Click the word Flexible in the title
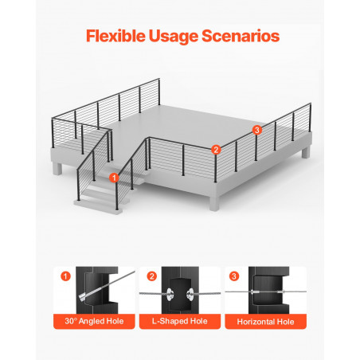[115, 36]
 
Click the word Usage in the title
[174, 37]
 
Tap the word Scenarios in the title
[241, 36]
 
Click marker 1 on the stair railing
[114, 178]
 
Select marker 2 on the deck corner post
[216, 150]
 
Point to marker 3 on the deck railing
[256, 130]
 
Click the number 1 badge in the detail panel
[65, 276]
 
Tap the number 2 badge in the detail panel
[151, 276]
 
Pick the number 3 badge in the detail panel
[234, 276]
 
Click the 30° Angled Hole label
[94, 321]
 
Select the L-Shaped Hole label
[180, 321]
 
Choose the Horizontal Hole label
[265, 322]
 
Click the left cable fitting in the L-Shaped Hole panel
[170, 294]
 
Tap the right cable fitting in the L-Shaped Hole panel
[190, 294]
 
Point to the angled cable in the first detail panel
[107, 286]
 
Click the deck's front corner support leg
[214, 204]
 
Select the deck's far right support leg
[306, 152]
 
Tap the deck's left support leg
[57, 169]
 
